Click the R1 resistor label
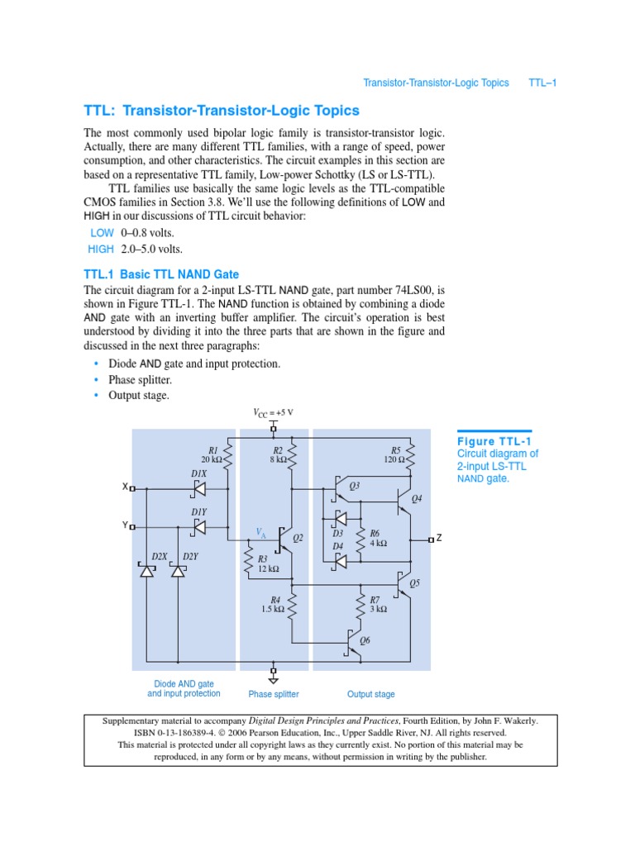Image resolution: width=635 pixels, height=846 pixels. [x=212, y=449]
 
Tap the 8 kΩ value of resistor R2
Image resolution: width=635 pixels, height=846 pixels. [x=277, y=459]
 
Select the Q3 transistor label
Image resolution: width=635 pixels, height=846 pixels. [x=354, y=487]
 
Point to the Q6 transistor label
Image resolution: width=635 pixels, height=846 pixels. [x=365, y=640]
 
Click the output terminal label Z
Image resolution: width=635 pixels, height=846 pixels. [x=439, y=538]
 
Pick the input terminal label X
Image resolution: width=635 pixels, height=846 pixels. [x=125, y=487]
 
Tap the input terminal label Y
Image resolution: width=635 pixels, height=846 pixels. [x=125, y=525]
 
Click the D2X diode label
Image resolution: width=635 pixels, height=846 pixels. [x=159, y=556]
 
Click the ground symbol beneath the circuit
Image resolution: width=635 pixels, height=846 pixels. [x=274, y=679]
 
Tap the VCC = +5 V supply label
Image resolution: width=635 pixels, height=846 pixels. [x=273, y=412]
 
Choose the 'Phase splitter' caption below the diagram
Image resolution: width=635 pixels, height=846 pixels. [x=274, y=694]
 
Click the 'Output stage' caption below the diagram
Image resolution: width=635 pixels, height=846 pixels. [x=371, y=694]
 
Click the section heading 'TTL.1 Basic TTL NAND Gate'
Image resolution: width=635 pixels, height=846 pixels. [x=161, y=274]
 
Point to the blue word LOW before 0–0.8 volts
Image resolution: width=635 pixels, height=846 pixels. [x=102, y=233]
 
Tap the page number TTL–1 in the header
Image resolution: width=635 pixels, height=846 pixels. [x=542, y=83]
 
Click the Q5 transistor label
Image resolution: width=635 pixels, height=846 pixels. [x=415, y=582]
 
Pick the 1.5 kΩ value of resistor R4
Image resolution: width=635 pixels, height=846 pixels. [x=273, y=609]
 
